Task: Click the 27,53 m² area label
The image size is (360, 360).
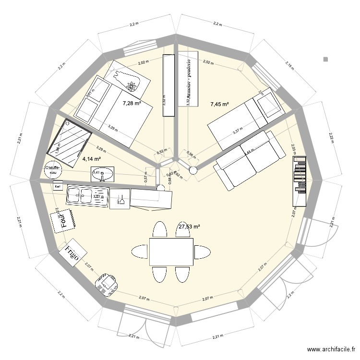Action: click(189, 227)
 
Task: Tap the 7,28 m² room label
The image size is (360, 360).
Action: click(131, 103)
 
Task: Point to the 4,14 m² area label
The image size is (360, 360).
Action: click(91, 158)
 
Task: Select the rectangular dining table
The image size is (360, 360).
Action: click(170, 252)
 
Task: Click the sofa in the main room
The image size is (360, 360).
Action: click(249, 159)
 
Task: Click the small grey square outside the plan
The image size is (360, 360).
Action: click(325, 60)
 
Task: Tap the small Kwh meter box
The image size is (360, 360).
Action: click(57, 186)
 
